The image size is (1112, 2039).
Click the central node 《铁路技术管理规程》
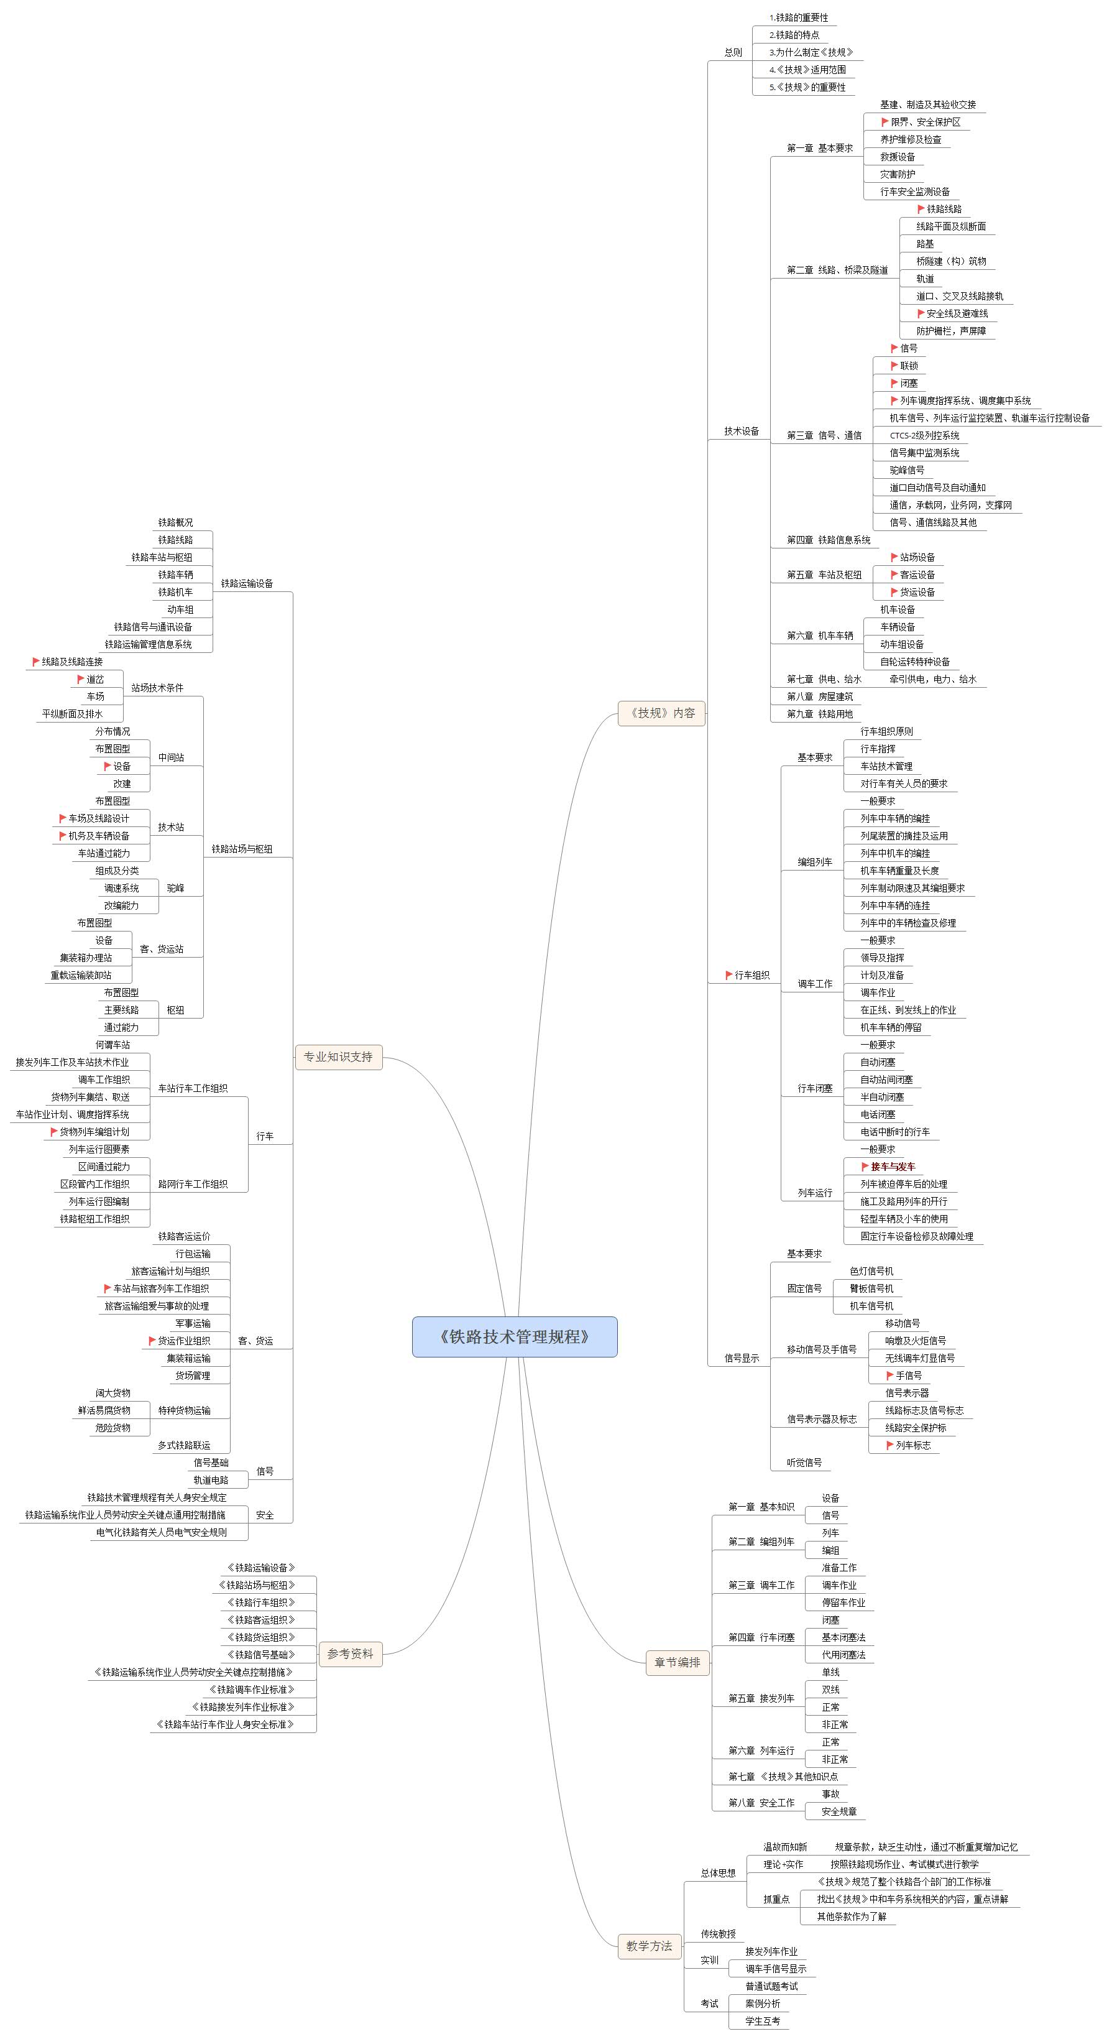click(515, 1337)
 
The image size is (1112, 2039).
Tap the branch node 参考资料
click(351, 1653)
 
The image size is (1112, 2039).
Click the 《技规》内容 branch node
click(661, 713)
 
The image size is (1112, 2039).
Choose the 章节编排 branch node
click(678, 1662)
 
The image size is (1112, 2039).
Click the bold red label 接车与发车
click(893, 1167)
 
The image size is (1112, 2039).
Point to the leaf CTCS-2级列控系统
click(924, 435)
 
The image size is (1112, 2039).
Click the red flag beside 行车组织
click(729, 975)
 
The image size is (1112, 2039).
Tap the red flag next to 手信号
click(889, 1376)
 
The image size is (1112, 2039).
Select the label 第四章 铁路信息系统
click(829, 540)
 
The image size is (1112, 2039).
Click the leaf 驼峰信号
click(907, 470)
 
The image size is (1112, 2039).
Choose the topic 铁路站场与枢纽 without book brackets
click(242, 849)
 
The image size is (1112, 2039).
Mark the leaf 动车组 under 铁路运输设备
click(180, 609)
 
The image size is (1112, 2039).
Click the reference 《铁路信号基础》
click(261, 1654)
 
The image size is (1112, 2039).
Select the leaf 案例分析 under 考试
click(763, 2004)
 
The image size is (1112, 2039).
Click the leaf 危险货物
click(113, 1428)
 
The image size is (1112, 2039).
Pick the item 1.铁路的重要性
click(799, 17)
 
